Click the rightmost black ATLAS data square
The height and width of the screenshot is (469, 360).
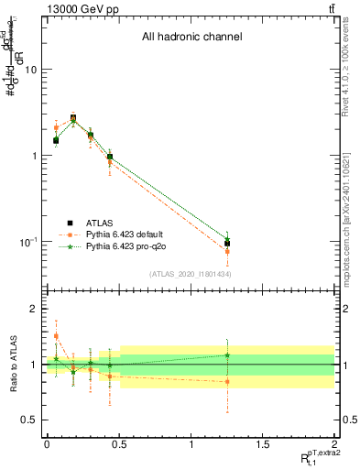(x=227, y=244)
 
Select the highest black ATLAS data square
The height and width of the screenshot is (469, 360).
(x=73, y=118)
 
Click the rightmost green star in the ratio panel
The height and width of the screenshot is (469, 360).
(x=227, y=355)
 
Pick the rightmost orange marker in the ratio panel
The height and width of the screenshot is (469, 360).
(x=227, y=381)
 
